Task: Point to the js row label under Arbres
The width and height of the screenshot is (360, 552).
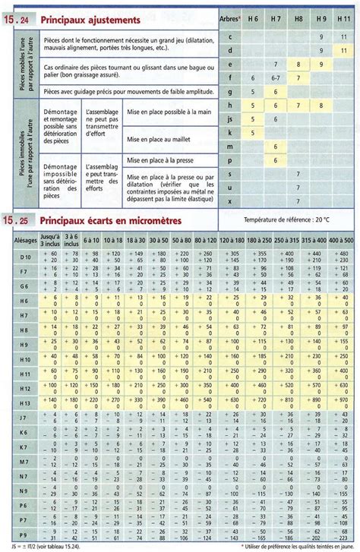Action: coord(230,118)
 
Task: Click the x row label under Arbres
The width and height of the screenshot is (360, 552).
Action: coord(230,200)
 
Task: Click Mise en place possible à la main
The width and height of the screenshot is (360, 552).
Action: coord(167,111)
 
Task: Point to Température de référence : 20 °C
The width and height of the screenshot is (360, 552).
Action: coord(286,219)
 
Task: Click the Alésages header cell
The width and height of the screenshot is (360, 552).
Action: coord(23,239)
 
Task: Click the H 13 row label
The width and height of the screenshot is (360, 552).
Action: coord(23,402)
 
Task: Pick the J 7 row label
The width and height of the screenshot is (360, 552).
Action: coord(23,418)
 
